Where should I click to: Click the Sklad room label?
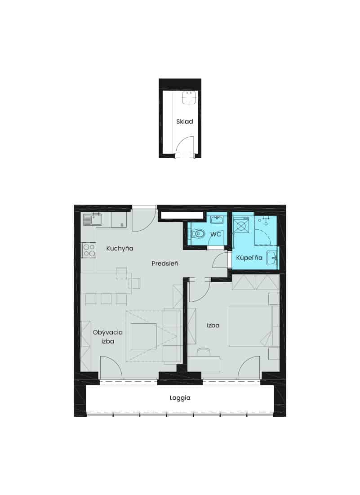point(185,121)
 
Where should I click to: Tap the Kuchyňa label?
point(120,249)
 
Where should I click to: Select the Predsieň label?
point(164,263)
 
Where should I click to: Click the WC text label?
point(215,234)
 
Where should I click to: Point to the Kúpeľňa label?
point(249,258)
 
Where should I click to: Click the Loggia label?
point(180,398)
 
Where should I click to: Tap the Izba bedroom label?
point(213,325)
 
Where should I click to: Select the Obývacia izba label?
point(107,337)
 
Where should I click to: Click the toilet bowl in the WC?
point(198,234)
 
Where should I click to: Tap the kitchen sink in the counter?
point(93,219)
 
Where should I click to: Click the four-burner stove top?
point(89,250)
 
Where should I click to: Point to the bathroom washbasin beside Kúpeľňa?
point(272,258)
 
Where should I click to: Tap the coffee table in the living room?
point(144,336)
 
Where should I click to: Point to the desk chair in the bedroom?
point(204,352)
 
